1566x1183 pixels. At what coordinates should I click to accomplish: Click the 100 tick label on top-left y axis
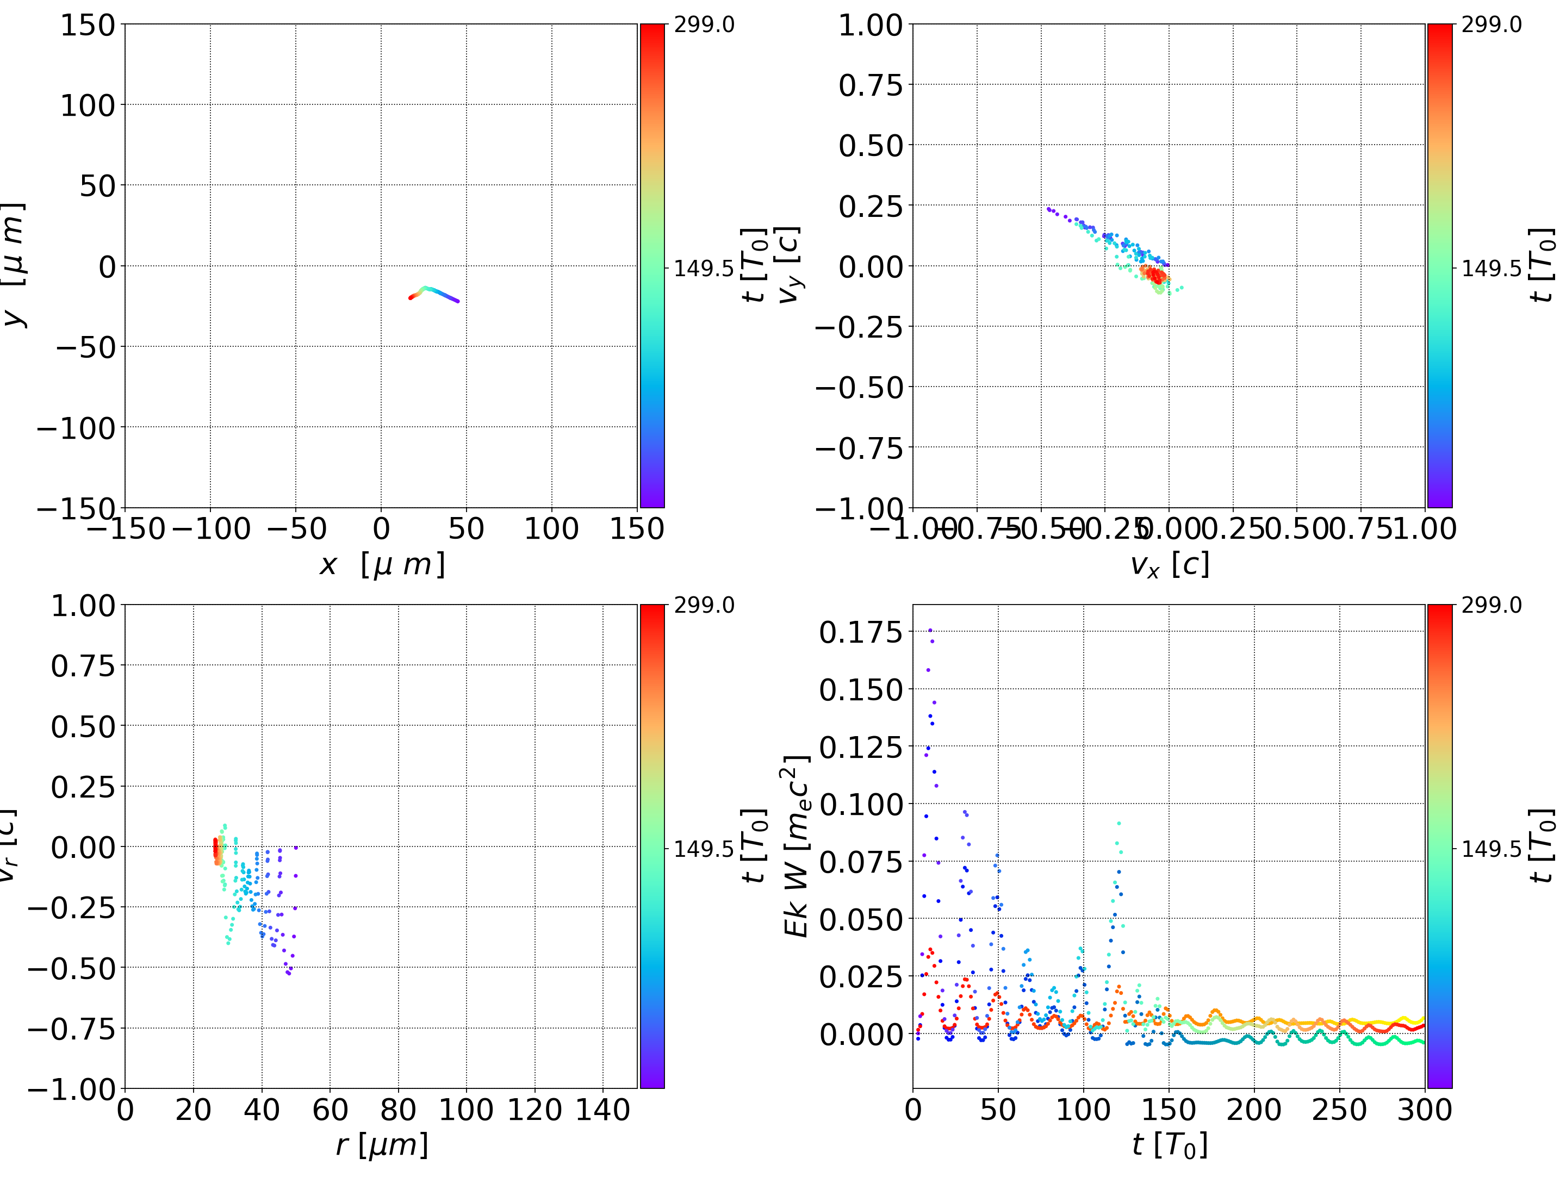coord(87,105)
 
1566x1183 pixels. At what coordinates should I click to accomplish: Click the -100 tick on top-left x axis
coord(211,529)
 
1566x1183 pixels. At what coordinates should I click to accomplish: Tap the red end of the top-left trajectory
coord(411,298)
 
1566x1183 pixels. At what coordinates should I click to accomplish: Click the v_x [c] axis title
coord(1169,565)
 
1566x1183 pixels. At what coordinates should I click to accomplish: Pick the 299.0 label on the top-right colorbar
coord(1491,25)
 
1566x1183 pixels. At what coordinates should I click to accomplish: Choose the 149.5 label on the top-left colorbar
coord(703,269)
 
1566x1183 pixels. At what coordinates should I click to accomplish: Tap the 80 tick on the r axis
coord(398,1110)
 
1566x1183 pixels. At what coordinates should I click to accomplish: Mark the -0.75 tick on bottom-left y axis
coord(71,1028)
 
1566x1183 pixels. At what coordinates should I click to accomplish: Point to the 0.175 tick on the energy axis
coord(861,632)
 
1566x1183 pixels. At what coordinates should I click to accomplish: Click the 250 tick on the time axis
coord(1339,1110)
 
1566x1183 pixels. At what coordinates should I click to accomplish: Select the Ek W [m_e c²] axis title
coord(796,846)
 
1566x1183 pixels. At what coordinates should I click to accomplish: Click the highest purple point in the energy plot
coord(930,630)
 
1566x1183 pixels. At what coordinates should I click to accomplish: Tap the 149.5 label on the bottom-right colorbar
coord(1491,848)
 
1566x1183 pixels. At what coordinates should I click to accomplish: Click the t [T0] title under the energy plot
coord(1169,1145)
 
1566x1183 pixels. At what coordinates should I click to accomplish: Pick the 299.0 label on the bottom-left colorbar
coord(703,605)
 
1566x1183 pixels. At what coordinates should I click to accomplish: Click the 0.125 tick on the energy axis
coord(861,746)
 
